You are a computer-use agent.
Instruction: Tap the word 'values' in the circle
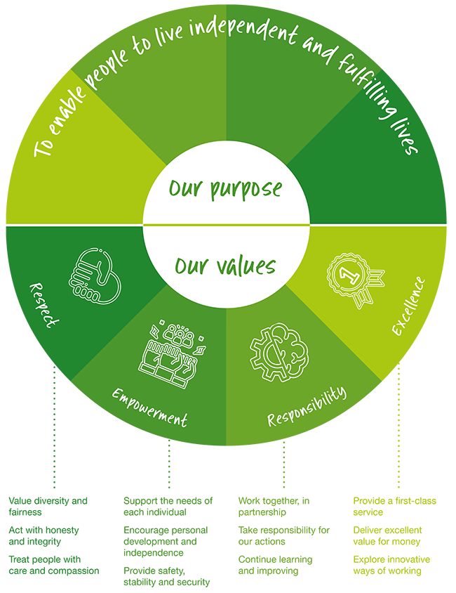[245, 267]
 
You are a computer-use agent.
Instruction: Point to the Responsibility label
[307, 407]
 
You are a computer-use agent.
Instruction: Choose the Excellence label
[408, 306]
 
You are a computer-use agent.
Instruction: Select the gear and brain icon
[279, 351]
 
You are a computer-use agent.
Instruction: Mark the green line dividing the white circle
[226, 224]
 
